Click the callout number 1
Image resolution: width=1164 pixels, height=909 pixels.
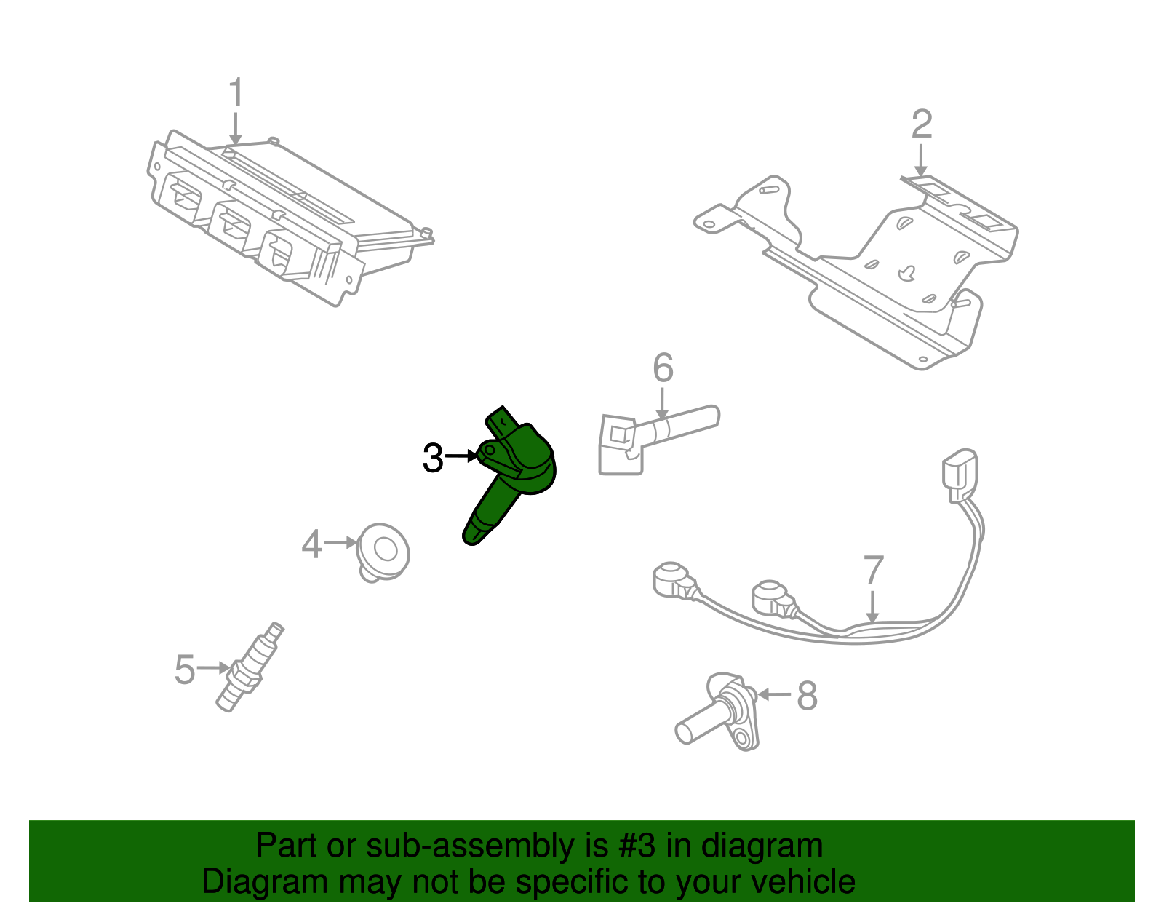pos(235,94)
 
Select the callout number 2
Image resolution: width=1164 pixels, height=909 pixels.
pos(921,124)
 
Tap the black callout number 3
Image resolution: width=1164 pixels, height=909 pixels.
pos(433,459)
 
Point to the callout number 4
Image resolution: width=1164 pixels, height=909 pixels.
pos(311,544)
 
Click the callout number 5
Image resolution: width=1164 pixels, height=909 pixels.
pos(185,670)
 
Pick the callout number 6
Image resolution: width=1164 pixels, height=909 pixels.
pos(663,368)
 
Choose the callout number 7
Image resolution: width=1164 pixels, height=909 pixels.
pos(873,571)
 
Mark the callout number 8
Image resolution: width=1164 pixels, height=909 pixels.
pos(808,696)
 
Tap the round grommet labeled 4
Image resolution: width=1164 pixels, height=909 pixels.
pos(384,552)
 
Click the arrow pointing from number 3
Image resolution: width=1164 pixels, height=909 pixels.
pos(461,456)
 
